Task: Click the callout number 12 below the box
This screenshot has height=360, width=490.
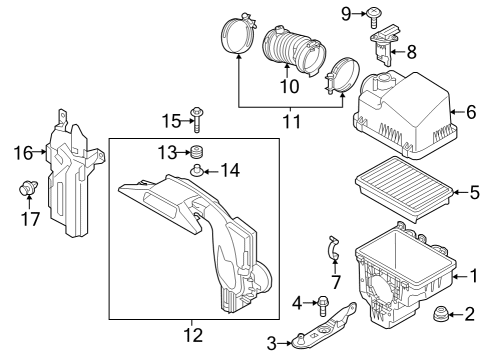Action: click(x=193, y=335)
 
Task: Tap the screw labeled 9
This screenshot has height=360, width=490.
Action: click(x=374, y=17)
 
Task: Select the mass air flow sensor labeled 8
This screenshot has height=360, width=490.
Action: click(x=384, y=44)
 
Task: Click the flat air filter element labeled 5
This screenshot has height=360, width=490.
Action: click(x=403, y=189)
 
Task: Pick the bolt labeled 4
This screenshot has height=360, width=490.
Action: click(x=323, y=305)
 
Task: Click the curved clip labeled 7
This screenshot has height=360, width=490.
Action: click(x=334, y=247)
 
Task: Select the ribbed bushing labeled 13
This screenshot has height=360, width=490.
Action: click(x=197, y=152)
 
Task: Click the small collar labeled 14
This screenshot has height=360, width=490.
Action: click(x=196, y=170)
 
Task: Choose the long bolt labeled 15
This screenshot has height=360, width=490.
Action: click(x=197, y=120)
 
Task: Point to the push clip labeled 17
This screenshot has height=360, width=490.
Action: click(x=28, y=188)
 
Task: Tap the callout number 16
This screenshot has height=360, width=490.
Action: click(x=23, y=153)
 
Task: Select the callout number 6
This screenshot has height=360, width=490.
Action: click(x=471, y=112)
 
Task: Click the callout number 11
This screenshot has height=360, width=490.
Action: click(x=292, y=122)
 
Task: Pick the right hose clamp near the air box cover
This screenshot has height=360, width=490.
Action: click(x=342, y=76)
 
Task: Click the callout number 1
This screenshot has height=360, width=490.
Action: click(x=474, y=276)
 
